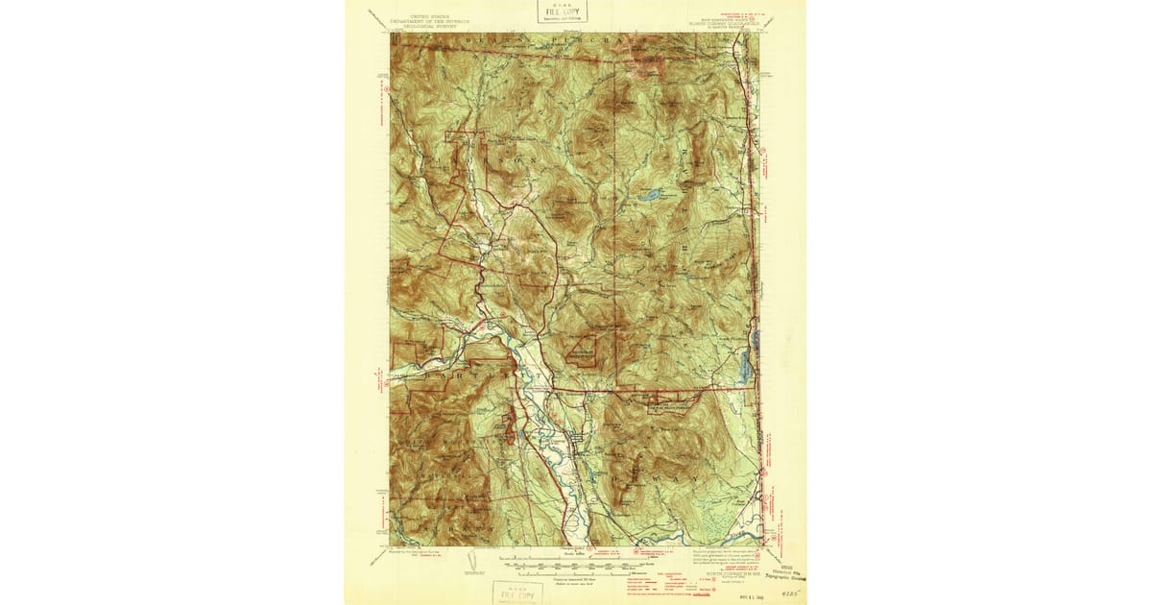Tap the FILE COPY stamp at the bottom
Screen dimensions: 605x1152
point(516,593)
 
